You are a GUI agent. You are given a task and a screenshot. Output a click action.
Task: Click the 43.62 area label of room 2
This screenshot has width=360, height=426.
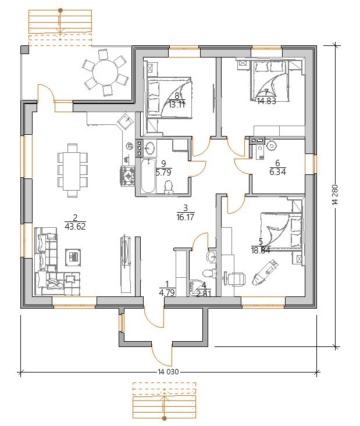pyautogui.click(x=76, y=226)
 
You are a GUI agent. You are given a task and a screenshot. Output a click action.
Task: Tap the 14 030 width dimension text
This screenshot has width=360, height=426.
pyautogui.click(x=168, y=372)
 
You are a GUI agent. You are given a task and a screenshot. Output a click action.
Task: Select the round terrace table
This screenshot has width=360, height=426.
pyautogui.click(x=105, y=72)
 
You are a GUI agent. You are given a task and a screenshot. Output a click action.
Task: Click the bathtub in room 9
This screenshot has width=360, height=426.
pyautogui.click(x=148, y=176)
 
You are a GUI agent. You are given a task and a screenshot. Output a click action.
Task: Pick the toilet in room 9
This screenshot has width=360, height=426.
pyautogui.click(x=169, y=188)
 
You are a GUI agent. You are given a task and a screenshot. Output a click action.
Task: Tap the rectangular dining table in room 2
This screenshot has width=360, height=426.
pyautogui.click(x=72, y=170)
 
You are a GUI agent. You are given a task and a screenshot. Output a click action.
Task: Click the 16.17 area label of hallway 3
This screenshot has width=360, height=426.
pyautogui.click(x=185, y=217)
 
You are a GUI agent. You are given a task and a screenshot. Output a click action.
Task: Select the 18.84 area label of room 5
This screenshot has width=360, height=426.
pyautogui.click(x=261, y=250)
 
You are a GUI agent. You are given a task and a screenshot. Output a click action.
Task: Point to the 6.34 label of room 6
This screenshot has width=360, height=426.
pyautogui.click(x=277, y=172)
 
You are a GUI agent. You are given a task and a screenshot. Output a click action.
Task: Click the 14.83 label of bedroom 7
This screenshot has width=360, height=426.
pyautogui.click(x=266, y=101)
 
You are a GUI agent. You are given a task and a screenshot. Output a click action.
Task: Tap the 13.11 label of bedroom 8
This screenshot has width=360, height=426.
pyautogui.click(x=177, y=105)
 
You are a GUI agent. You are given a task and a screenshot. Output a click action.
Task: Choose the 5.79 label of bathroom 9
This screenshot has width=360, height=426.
pyautogui.click(x=163, y=173)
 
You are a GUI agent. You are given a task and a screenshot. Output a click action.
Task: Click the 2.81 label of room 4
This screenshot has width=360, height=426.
pyautogui.click(x=204, y=293)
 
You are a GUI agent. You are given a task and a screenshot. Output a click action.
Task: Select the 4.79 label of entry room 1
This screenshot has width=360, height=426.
pyautogui.click(x=167, y=293)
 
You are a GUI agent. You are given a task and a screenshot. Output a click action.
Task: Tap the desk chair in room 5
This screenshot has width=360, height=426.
pyautogui.click(x=236, y=279)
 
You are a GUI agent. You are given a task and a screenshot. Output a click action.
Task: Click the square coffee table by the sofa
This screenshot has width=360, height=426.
pyautogui.click(x=73, y=257)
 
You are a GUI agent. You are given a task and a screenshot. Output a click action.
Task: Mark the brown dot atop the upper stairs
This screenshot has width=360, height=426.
pyautogui.click(x=60, y=10)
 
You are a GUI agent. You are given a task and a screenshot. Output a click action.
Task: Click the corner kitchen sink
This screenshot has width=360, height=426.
pyautogui.click(x=125, y=121)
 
